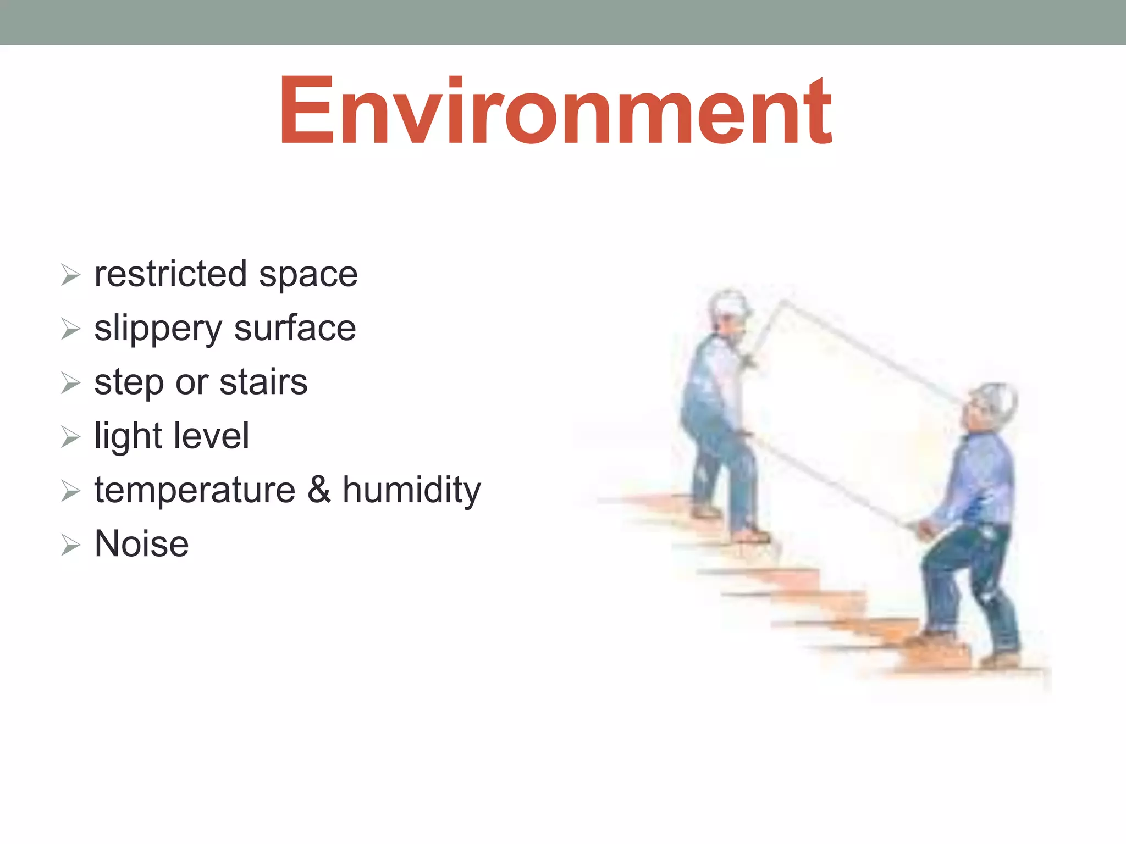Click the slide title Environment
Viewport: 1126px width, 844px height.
(555, 112)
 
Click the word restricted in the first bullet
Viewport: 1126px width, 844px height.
(170, 274)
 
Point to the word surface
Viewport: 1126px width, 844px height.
(295, 329)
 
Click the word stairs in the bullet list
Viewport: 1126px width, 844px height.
(263, 382)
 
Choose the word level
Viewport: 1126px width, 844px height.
(211, 436)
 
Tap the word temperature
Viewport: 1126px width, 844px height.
(195, 490)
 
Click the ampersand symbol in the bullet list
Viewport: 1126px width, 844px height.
(319, 490)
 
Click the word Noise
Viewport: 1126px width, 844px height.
(142, 543)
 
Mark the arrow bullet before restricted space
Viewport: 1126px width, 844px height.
(71, 275)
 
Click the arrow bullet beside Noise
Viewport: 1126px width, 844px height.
(71, 545)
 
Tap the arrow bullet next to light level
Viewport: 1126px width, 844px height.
(71, 437)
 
